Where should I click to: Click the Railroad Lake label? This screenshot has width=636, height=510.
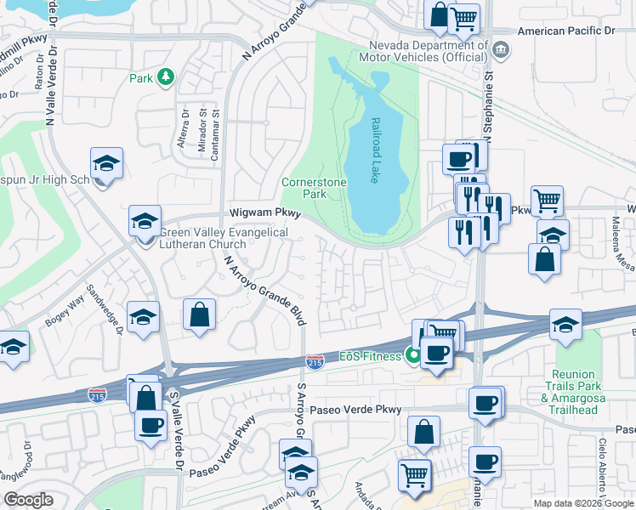click(374, 150)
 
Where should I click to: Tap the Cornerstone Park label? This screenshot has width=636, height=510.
click(304, 187)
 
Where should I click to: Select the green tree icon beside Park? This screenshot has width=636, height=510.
click(167, 78)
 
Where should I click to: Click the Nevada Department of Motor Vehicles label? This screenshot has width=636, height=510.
click(429, 51)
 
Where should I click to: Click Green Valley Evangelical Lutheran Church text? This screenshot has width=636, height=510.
click(224, 238)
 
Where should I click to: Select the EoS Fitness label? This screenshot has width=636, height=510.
click(371, 356)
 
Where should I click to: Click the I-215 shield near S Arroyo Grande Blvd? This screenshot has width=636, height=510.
click(315, 362)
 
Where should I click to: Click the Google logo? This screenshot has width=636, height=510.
click(28, 500)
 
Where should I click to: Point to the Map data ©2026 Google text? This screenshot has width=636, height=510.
click(582, 503)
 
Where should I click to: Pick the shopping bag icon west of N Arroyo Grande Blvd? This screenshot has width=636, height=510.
click(198, 314)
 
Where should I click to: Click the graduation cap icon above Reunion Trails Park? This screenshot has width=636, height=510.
click(565, 325)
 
